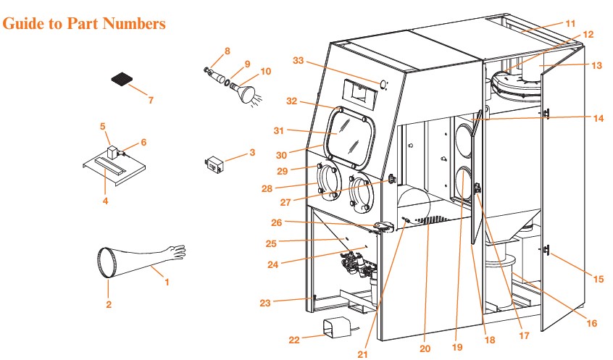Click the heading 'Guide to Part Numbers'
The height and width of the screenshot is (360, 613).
[85, 24]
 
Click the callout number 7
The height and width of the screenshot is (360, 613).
[150, 100]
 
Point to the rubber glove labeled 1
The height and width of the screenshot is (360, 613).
[145, 259]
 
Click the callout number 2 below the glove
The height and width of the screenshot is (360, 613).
[109, 304]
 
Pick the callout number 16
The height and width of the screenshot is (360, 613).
[591, 323]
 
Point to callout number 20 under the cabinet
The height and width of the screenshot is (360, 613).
[425, 348]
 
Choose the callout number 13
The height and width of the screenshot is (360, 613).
[596, 64]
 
